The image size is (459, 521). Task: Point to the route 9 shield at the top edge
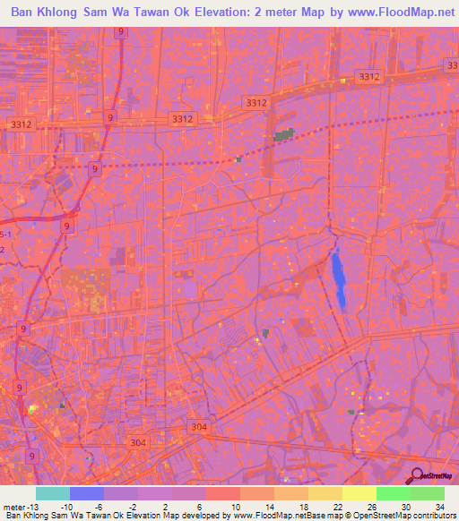(x=120, y=31)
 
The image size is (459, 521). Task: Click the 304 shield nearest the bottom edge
(x=137, y=443)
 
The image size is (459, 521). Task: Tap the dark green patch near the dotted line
(x=285, y=135)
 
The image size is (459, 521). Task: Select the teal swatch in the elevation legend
(x=53, y=493)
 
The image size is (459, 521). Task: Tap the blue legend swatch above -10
(x=87, y=493)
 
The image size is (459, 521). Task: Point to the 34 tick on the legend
(x=438, y=505)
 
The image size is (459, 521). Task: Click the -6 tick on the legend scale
(x=99, y=505)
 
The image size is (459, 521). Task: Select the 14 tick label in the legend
(x=268, y=505)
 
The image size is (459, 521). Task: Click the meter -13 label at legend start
(x=21, y=505)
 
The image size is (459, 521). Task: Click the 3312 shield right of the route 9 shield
(x=182, y=118)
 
